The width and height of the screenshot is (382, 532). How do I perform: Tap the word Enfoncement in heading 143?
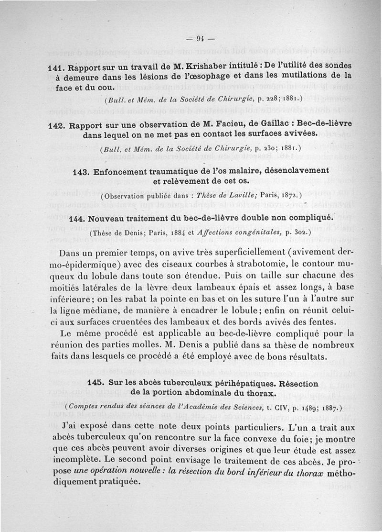point(123,171)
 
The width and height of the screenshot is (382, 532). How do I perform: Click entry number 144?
point(77,219)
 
